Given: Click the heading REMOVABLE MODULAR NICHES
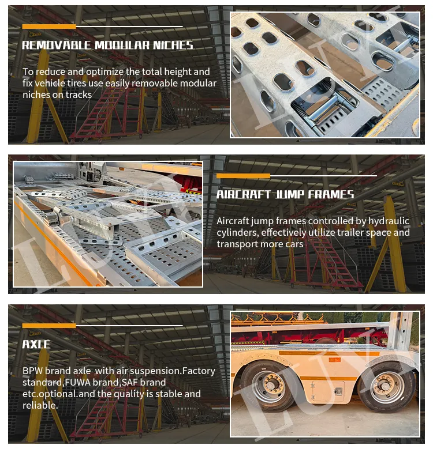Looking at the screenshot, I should point(107,46).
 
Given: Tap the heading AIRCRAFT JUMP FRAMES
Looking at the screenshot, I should point(285,194).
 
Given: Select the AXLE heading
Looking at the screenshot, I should point(36,345).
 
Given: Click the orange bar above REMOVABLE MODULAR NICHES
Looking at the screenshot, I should point(49,27).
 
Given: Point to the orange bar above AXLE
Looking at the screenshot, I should point(49,326).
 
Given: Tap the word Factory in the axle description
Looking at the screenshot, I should point(198,371).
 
